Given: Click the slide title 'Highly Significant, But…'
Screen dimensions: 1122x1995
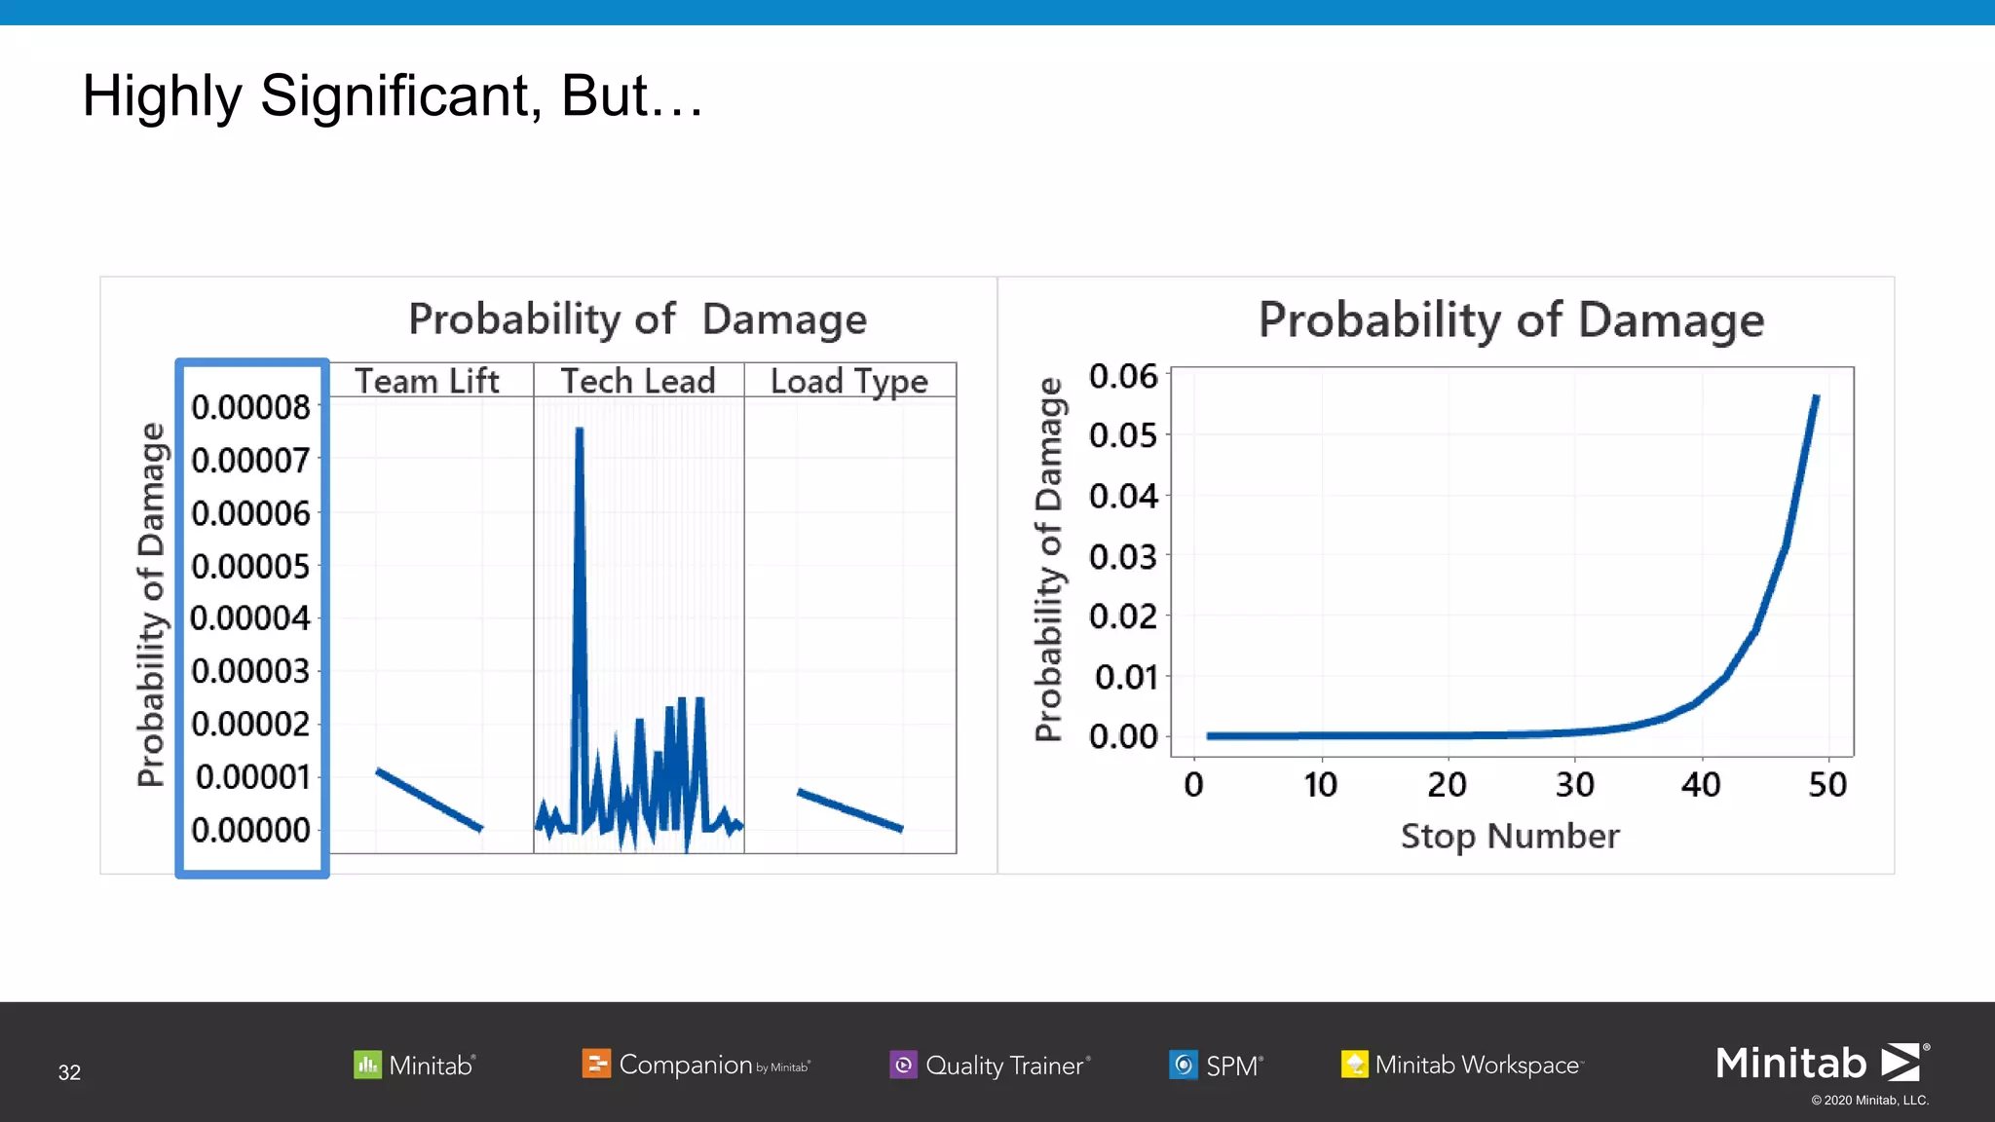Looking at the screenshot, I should (x=392, y=96).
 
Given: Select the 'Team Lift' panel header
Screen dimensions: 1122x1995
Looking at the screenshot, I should (x=427, y=381).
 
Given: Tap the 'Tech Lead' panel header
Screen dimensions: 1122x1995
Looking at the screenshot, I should (x=638, y=381).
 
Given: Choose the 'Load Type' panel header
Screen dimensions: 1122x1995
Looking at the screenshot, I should (x=849, y=381).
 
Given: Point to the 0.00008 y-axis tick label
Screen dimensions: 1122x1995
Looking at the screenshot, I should (x=250, y=407).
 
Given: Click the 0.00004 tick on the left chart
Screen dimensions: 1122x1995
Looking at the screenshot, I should (x=250, y=618).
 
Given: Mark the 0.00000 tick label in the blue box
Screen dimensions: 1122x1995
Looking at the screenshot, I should (x=250, y=831).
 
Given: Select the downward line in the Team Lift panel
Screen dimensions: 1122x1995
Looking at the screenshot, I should (x=429, y=800).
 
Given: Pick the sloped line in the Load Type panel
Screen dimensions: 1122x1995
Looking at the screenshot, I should (x=849, y=810).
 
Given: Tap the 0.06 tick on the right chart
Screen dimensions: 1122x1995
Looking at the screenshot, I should (x=1123, y=376).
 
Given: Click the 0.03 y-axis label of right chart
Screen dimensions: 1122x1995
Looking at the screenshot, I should (x=1123, y=557).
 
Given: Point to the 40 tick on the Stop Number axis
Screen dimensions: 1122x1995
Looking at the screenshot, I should (x=1701, y=785).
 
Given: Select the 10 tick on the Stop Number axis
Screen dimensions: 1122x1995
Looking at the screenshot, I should (x=1321, y=785).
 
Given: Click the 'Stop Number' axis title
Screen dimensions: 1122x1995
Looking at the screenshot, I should (x=1510, y=837).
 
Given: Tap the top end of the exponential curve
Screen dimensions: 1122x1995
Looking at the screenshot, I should (x=1815, y=399).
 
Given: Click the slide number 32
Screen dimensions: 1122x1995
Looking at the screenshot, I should (x=69, y=1072).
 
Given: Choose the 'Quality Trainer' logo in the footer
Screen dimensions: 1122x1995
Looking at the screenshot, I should (x=991, y=1066).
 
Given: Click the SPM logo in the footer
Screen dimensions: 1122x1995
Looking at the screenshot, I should (x=1217, y=1066).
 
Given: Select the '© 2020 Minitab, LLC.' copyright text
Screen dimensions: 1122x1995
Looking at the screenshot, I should (x=1869, y=1101).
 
